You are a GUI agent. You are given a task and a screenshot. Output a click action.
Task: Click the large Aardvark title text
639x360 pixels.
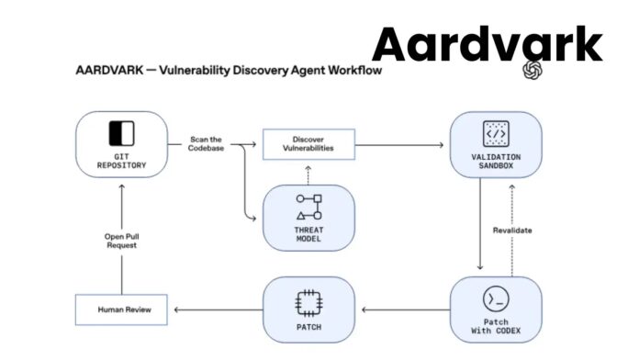tap(488, 43)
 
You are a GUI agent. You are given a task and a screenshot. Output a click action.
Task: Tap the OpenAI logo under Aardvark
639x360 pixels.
tap(533, 72)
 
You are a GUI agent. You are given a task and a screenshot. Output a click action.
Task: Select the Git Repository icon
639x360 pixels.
tap(121, 133)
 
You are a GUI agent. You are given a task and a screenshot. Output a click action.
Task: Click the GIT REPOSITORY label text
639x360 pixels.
tap(121, 162)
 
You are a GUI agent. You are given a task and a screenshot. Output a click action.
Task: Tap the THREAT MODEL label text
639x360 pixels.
tap(308, 233)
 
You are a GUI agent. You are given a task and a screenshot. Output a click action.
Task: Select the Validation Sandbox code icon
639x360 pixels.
tap(496, 134)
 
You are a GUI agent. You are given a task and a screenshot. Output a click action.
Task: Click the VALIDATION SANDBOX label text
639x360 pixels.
tap(496, 162)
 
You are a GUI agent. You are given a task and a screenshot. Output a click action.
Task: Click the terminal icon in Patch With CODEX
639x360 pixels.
tap(496, 299)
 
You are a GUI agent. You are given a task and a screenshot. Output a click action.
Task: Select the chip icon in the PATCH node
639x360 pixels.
tap(308, 301)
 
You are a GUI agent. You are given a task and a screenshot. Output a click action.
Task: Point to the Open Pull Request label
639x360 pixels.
tap(121, 242)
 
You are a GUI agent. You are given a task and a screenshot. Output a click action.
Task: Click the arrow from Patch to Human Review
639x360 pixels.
tap(218, 309)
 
